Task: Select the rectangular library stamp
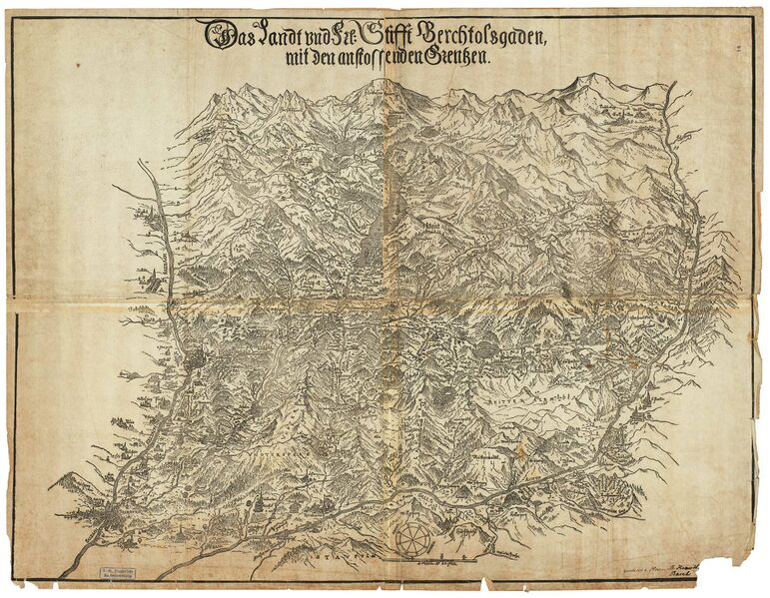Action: click(117, 572)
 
